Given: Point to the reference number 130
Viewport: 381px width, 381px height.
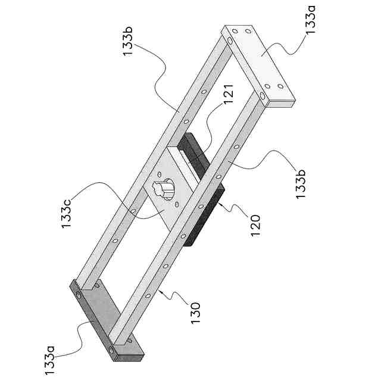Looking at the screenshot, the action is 195,312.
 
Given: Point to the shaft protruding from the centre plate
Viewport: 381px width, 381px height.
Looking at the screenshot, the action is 162,188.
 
